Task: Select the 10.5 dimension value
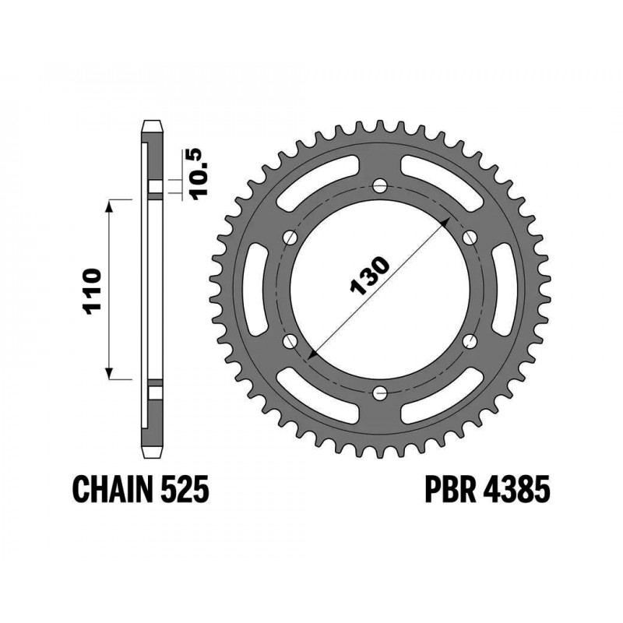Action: (x=199, y=174)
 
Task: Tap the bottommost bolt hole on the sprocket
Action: (x=379, y=392)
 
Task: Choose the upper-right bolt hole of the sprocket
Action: (x=469, y=237)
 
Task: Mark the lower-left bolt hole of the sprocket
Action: (x=290, y=340)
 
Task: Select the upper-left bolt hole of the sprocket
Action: (x=290, y=237)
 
